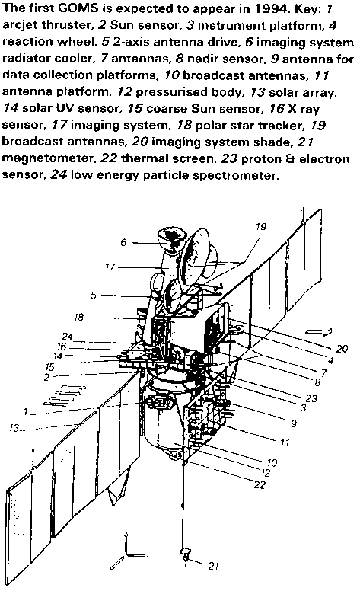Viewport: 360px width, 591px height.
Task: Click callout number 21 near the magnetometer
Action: tap(214, 565)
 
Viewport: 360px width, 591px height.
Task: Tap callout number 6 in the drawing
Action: tap(123, 242)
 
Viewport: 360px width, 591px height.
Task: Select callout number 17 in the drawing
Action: tap(110, 267)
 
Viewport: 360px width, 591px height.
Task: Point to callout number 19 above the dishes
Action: tap(261, 226)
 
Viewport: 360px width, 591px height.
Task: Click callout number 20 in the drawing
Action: tap(94, 295)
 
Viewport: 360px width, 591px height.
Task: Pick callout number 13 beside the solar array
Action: tap(14, 428)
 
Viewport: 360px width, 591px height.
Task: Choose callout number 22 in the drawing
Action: tap(260, 484)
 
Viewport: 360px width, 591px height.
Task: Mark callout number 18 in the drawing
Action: tap(78, 317)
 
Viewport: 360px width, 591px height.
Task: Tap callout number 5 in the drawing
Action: tap(294, 423)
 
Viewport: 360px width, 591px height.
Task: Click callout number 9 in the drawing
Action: tap(68, 336)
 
